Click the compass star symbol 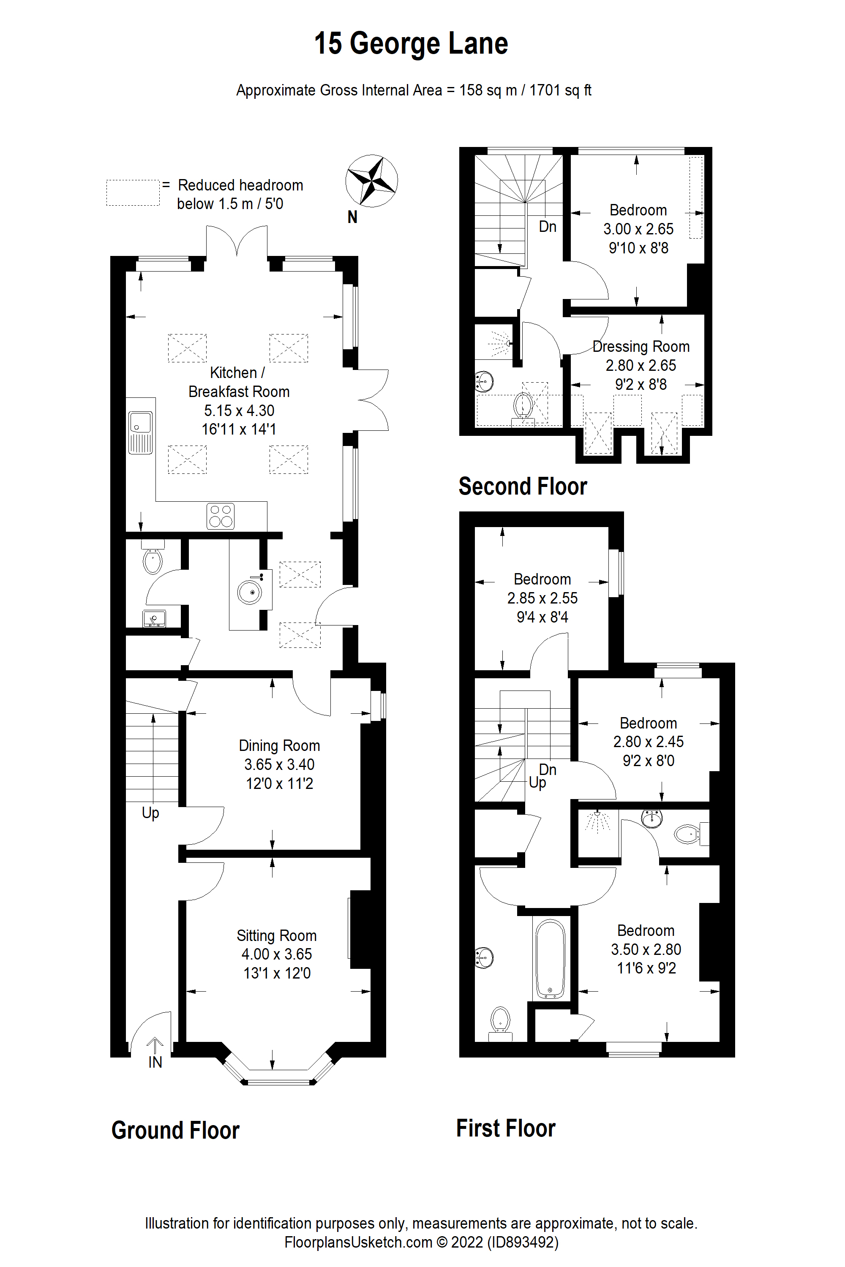pos(371,181)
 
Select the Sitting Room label pos(276,936)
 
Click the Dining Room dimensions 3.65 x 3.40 pos(279,764)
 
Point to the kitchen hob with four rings pos(221,516)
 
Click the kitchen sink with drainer pos(141,432)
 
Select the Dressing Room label pos(641,346)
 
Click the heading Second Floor pos(522,487)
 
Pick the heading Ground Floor pos(175,1130)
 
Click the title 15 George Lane pos(411,43)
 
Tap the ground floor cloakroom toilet pos(153,560)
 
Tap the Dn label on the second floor pos(548,226)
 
